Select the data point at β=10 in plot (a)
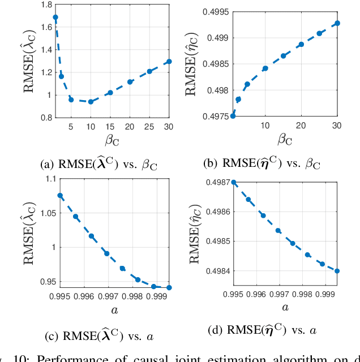pyautogui.click(x=91, y=102)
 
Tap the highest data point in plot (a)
pyautogui.click(x=55, y=18)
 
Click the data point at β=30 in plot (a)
pyautogui.click(x=169, y=62)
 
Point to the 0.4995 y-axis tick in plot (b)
pyautogui.click(x=214, y=11)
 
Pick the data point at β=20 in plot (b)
pyautogui.click(x=301, y=44)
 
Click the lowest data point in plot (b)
pyautogui.click(x=233, y=116)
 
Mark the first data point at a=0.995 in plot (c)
pyautogui.click(x=60, y=196)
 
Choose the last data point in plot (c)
pyautogui.click(x=169, y=287)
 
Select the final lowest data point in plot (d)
pyautogui.click(x=337, y=270)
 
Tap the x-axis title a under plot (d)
pyautogui.click(x=285, y=307)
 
